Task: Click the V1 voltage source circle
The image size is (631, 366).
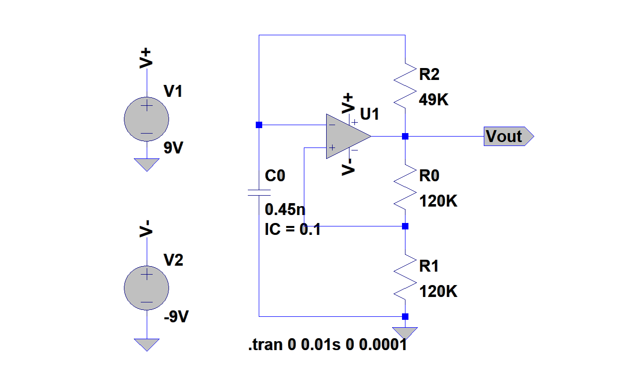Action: (146, 119)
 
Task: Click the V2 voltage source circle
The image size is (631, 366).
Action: (146, 288)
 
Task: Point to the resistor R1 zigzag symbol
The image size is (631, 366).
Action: (405, 277)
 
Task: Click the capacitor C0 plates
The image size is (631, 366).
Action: (259, 193)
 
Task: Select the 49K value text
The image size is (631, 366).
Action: (434, 100)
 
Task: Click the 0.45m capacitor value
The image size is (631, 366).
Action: (286, 210)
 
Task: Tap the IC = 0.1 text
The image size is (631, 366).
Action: (293, 229)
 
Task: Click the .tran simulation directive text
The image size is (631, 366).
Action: (328, 345)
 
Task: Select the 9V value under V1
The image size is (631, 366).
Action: (173, 148)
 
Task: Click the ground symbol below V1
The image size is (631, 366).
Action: (146, 164)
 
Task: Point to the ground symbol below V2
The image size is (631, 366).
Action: (146, 344)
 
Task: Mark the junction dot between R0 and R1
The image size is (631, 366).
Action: (405, 226)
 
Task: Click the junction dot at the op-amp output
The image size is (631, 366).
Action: (405, 136)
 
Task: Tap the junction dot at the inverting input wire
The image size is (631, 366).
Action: (259, 125)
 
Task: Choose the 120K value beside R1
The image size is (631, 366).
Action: (438, 292)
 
